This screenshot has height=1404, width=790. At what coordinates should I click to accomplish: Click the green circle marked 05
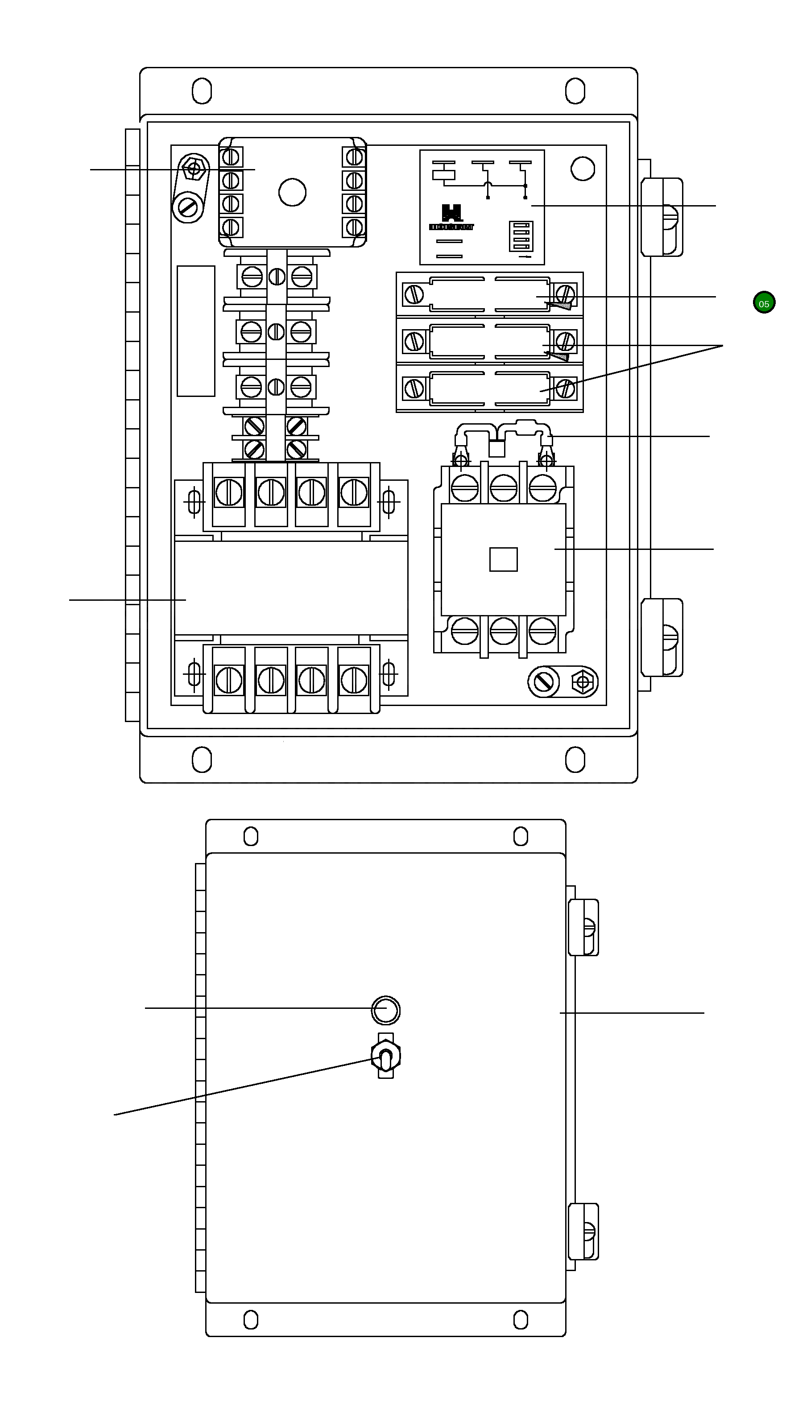[763, 303]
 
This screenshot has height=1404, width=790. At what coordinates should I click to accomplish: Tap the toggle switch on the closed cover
[385, 1057]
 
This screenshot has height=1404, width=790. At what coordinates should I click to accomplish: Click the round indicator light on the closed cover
[385, 1010]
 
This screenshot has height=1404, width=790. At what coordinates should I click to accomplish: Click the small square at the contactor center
[503, 560]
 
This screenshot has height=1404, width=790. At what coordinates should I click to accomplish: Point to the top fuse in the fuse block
[489, 295]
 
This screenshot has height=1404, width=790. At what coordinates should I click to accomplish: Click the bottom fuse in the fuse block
[489, 388]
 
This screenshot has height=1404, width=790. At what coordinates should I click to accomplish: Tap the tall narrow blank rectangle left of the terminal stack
[196, 331]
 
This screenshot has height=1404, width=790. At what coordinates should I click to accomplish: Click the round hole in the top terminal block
[292, 192]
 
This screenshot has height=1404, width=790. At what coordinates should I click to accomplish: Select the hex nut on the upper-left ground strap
[194, 169]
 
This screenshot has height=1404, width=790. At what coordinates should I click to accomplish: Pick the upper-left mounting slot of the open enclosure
[202, 91]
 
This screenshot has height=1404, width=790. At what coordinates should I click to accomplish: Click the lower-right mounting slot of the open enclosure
[575, 759]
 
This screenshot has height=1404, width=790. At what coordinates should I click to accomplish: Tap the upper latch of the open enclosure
[662, 217]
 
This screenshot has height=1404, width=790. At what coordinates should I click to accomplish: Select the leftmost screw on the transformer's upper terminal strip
[229, 493]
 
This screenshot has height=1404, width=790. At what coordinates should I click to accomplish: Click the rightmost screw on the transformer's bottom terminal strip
[354, 680]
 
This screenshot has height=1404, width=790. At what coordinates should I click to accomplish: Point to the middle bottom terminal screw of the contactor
[503, 631]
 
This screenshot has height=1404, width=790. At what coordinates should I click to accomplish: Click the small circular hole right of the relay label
[582, 169]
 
